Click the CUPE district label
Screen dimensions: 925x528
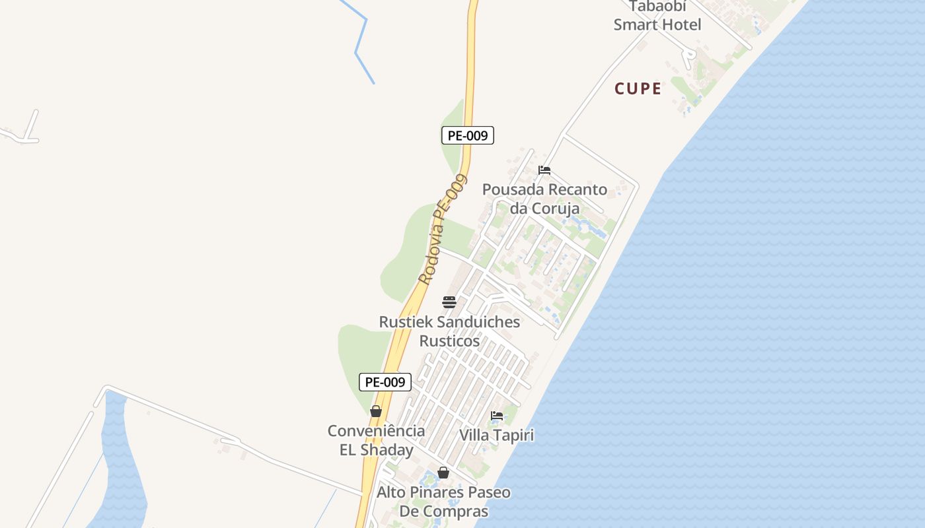point(638,88)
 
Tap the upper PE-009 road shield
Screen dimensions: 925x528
point(467,135)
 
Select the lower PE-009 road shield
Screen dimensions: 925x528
point(385,381)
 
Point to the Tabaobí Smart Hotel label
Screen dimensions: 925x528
point(657,16)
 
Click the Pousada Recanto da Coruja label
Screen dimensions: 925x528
point(544,199)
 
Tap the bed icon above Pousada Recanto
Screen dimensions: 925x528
point(544,170)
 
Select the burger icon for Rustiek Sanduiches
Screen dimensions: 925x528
point(449,302)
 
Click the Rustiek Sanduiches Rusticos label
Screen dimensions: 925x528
point(449,331)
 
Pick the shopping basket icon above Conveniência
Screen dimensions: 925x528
point(376,411)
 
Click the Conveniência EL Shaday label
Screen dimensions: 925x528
point(377,440)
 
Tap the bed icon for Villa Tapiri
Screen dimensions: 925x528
point(497,416)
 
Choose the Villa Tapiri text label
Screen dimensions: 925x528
point(496,436)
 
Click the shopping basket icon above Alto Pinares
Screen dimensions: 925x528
point(443,473)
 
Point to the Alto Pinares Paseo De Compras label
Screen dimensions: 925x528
point(443,502)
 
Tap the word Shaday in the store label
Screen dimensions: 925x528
point(387,450)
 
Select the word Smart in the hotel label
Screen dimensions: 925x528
point(634,25)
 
